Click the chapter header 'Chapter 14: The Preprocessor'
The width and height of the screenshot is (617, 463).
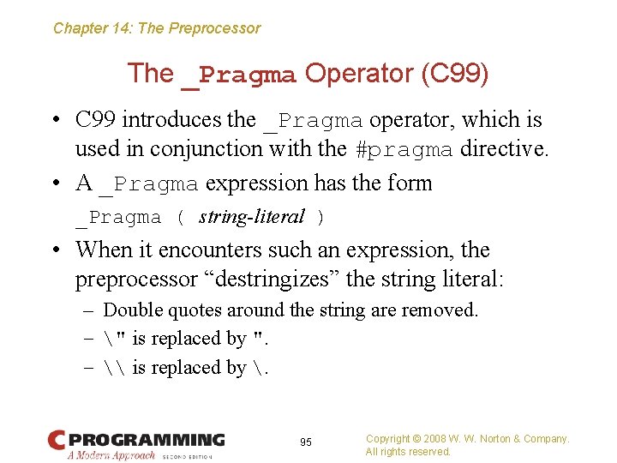(157, 28)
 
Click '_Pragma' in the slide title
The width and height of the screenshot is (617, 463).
(239, 75)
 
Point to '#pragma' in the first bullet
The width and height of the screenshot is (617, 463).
(404, 149)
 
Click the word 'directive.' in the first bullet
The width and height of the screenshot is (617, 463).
(504, 148)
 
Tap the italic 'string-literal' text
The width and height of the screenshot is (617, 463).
(251, 217)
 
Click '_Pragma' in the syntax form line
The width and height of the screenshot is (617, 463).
(118, 218)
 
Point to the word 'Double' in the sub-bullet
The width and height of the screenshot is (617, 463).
(131, 310)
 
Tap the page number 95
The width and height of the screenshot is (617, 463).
(306, 442)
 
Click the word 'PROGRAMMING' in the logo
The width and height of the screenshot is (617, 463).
(147, 440)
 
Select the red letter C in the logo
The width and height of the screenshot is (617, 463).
(57, 442)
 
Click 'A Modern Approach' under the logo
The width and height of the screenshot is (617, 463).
(111, 455)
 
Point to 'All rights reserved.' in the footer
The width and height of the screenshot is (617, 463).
(408, 452)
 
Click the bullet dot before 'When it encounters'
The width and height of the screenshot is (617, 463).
(57, 250)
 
